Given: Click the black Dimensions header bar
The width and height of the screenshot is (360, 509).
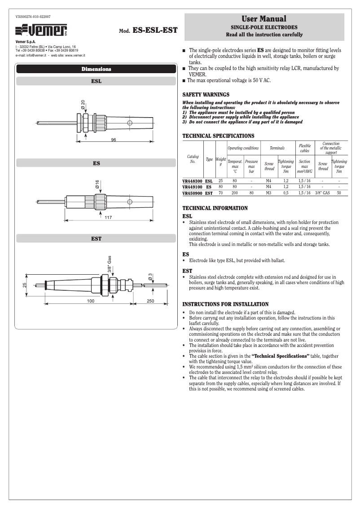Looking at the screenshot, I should [96, 69].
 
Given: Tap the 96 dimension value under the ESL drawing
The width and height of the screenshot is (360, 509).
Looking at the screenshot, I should [114, 140].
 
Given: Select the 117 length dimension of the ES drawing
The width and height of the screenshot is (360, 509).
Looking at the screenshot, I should [108, 218].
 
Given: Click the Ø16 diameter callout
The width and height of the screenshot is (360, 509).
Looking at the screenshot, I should [97, 184].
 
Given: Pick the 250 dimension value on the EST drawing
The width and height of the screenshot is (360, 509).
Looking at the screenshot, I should [150, 301].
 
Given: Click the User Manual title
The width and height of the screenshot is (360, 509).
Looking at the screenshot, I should [264, 19].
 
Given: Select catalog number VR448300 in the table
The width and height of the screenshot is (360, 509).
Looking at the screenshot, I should [193, 180].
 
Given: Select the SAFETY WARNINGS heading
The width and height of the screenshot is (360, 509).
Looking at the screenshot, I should [206, 95].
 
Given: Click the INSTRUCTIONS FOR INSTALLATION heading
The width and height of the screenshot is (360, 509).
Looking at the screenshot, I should [225, 304].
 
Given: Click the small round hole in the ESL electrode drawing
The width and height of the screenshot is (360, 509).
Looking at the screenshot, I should [130, 123].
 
